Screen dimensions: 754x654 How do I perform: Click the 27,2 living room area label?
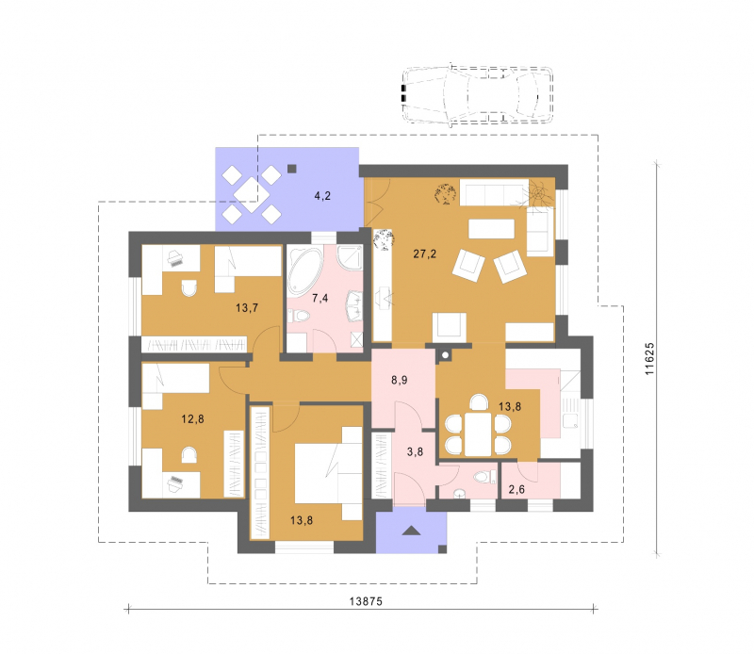pos(425,253)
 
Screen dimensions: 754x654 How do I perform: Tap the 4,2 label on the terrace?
pos(322,196)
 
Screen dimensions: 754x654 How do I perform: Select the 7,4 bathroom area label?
pos(320,298)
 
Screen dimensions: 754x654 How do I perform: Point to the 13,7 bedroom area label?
pos(247,308)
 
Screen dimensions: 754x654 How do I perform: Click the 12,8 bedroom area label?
pos(192,419)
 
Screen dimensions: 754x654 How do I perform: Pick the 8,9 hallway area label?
pos(399,381)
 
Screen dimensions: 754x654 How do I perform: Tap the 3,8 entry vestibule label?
pos(415,451)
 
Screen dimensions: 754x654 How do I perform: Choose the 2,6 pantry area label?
pos(516,490)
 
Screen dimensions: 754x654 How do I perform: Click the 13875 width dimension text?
pos(366,601)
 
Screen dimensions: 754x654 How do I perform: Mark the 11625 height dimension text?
pos(649,359)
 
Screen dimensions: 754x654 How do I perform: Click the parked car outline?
pos(477,95)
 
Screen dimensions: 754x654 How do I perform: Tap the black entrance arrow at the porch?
pos(411,531)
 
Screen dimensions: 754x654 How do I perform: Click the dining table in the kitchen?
pos(478,434)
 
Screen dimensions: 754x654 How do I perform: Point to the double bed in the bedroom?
pos(328,473)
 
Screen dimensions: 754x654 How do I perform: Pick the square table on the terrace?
pos(251,195)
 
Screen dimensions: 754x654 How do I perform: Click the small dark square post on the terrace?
pos(292,169)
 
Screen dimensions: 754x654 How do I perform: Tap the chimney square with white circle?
pos(445,355)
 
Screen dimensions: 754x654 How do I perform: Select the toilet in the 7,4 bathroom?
pos(300,316)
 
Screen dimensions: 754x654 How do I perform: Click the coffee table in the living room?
pos(491,229)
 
